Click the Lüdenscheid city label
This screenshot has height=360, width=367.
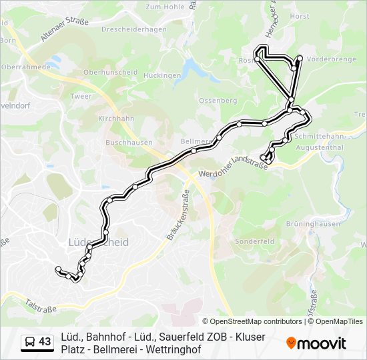[x=99, y=243]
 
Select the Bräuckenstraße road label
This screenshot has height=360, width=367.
[x=186, y=211]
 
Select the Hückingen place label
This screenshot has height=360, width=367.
[x=162, y=76]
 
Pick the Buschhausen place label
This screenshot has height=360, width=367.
[x=129, y=142]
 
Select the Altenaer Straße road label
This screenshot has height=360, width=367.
[x=64, y=31]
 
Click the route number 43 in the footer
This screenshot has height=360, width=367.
[x=45, y=342]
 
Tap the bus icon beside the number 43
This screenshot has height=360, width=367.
[x=30, y=342]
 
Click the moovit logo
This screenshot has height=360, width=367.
[x=316, y=343]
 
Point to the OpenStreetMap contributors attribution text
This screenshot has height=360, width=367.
[x=252, y=321]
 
